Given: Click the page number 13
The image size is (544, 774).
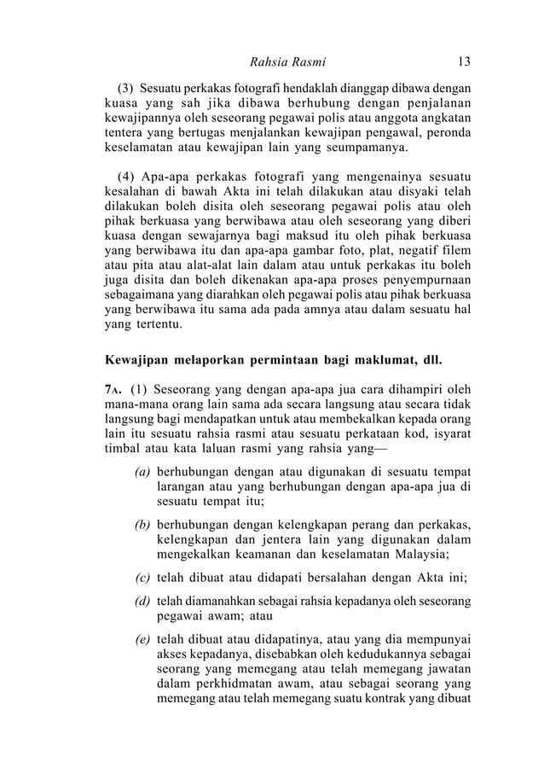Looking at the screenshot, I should click(464, 61).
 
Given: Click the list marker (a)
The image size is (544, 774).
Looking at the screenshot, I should click(144, 473).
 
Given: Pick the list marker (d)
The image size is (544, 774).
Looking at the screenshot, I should click(144, 602).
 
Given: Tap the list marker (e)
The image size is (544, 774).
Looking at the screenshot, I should click(144, 637).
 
